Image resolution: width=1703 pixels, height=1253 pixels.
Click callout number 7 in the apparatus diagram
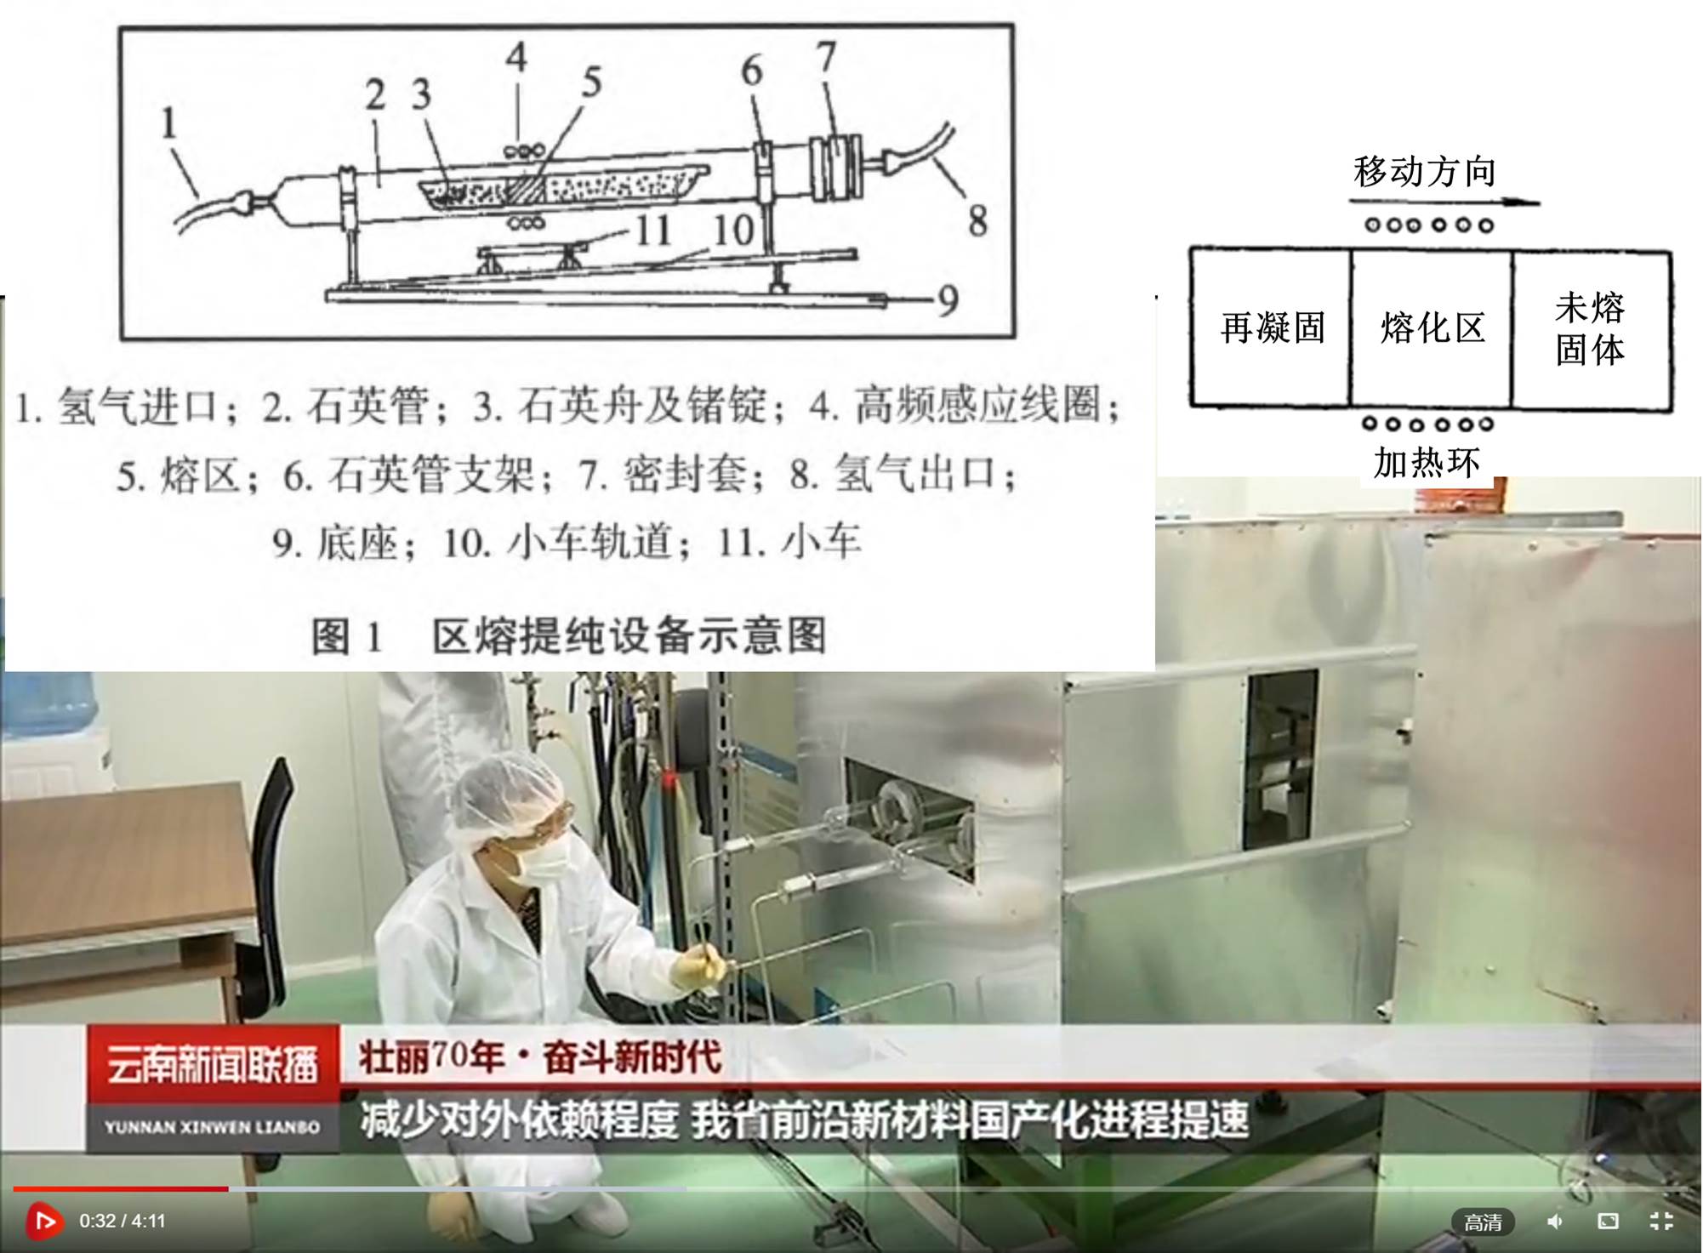pyautogui.click(x=827, y=58)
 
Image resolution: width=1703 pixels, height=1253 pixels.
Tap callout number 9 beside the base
pyautogui.click(x=948, y=300)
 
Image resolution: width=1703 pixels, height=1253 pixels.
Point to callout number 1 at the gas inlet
pyautogui.click(x=169, y=123)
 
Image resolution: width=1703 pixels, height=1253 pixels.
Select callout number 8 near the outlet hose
pyautogui.click(x=978, y=221)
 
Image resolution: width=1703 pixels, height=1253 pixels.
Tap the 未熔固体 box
pyautogui.click(x=1592, y=330)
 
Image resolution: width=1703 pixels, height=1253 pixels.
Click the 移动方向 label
pyautogui.click(x=1425, y=171)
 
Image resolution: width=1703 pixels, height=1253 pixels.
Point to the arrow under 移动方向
pyautogui.click(x=1444, y=202)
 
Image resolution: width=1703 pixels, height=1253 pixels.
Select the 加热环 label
pyautogui.click(x=1427, y=463)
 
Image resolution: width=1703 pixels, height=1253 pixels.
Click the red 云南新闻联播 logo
pyautogui.click(x=213, y=1064)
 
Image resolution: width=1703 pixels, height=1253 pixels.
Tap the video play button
pyautogui.click(x=44, y=1222)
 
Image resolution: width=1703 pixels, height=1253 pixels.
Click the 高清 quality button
pyautogui.click(x=1483, y=1222)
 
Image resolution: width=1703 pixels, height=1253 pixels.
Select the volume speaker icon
pyautogui.click(x=1555, y=1222)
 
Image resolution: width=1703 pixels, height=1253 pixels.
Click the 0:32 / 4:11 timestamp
pyautogui.click(x=122, y=1222)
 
